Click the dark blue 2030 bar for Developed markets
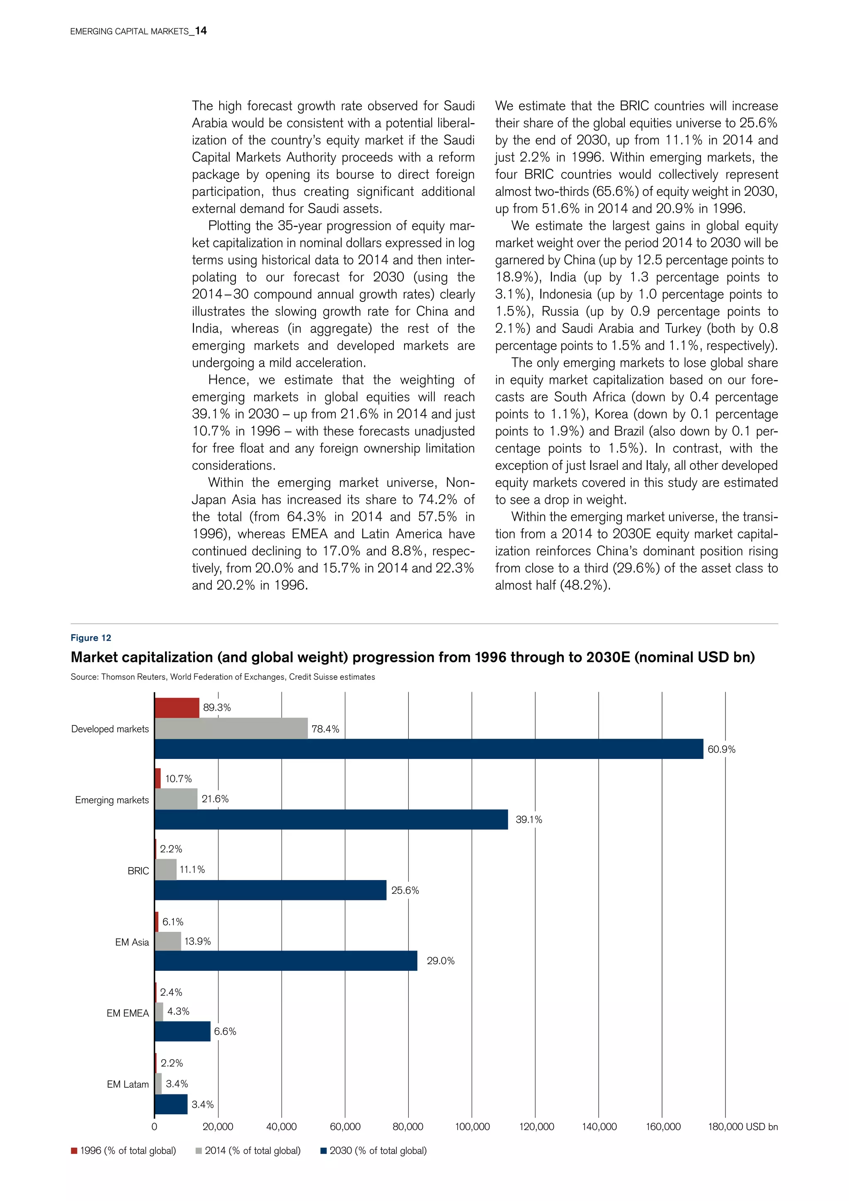click(x=429, y=749)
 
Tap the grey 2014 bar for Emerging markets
click(x=176, y=799)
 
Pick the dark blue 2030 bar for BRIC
click(x=270, y=890)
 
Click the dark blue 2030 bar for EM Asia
click(x=286, y=960)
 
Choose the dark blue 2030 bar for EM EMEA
click(x=182, y=1031)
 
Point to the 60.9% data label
click(x=721, y=749)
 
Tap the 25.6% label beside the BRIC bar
click(x=405, y=890)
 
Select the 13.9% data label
click(x=198, y=941)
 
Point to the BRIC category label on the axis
click(x=138, y=871)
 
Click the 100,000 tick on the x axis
click(x=472, y=1126)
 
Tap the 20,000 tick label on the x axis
click(x=218, y=1126)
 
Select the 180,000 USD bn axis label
click(x=742, y=1126)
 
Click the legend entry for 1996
click(x=124, y=1150)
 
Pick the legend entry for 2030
click(x=374, y=1150)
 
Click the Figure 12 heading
click(x=91, y=638)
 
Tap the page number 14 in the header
click(x=201, y=31)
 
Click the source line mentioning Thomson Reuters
click(x=223, y=676)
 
